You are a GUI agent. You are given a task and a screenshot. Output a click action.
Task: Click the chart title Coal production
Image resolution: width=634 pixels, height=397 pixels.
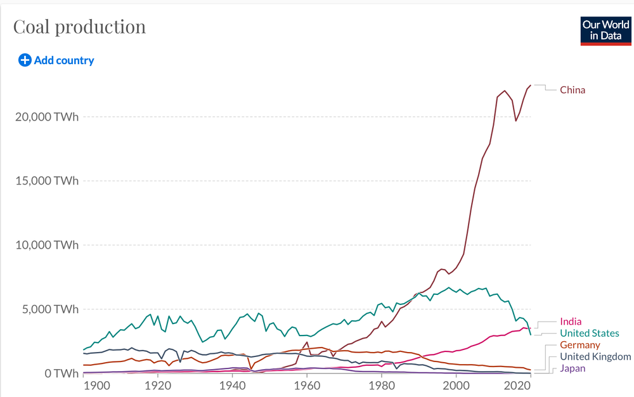point(80,27)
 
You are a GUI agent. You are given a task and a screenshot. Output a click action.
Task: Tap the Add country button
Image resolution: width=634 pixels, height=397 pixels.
point(63,61)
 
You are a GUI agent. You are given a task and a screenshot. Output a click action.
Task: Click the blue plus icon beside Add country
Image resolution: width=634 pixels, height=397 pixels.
point(25,61)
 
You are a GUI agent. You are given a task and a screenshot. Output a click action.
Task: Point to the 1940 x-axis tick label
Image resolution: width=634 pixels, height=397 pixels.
point(232,386)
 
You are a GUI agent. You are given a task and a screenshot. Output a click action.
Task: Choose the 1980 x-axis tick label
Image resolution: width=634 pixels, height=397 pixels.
point(381,386)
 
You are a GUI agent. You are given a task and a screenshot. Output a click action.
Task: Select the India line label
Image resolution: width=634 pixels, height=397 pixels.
point(571,322)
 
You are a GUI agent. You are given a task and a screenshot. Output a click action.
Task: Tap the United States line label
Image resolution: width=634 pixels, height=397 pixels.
point(589,334)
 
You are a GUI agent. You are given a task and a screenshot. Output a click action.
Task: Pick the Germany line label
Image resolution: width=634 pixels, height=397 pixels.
point(579,345)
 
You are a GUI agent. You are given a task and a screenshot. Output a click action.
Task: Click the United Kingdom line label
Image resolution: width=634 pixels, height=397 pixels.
point(595,357)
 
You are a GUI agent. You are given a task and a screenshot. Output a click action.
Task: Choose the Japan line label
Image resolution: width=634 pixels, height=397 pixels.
point(573,368)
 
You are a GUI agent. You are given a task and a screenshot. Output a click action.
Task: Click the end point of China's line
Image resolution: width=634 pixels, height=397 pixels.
point(531,85)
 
